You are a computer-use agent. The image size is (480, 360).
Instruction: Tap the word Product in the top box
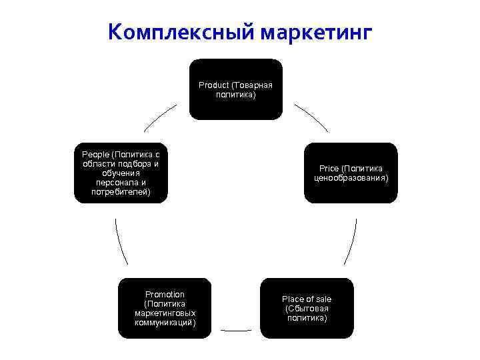(x=213, y=85)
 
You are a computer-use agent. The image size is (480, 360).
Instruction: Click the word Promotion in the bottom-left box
(x=165, y=294)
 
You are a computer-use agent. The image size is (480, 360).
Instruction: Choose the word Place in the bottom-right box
(x=293, y=299)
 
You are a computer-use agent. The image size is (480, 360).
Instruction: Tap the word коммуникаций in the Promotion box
(x=165, y=322)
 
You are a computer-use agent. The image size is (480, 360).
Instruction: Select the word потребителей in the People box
(x=121, y=192)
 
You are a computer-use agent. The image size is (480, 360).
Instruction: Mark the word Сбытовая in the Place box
(x=307, y=309)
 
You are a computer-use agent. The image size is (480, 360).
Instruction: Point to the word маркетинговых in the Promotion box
(x=165, y=313)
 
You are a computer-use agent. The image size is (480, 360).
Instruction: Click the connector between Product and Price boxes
(x=312, y=117)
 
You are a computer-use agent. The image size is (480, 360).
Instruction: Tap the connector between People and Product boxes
(x=160, y=117)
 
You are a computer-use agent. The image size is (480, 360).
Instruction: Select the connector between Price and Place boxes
(x=351, y=241)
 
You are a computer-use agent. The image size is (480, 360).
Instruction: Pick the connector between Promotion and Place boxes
(x=236, y=329)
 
